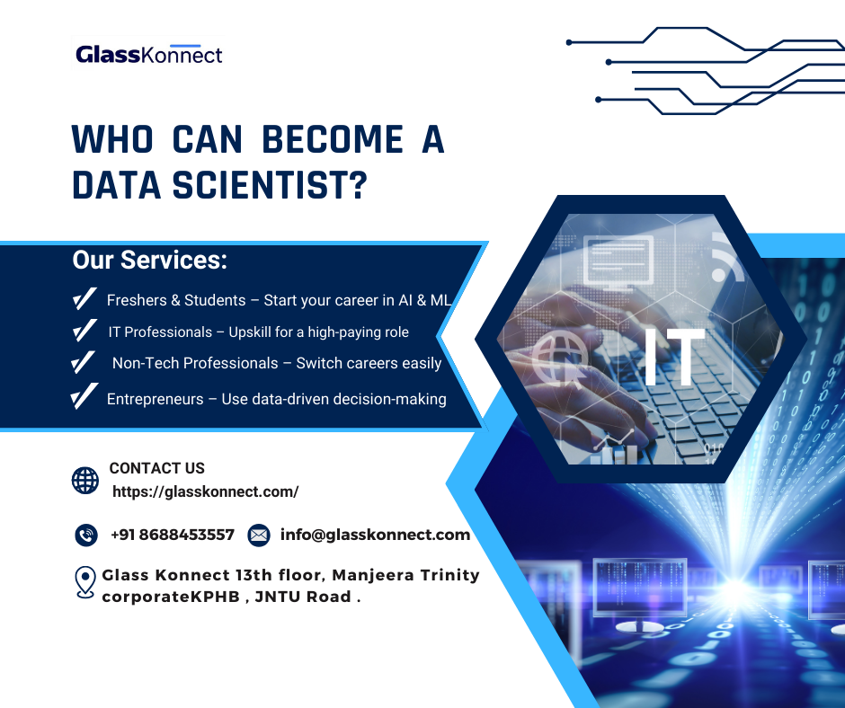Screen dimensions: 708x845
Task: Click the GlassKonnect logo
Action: [149, 55]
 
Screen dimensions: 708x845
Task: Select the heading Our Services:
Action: [149, 261]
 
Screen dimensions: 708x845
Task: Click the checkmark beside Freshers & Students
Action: [84, 299]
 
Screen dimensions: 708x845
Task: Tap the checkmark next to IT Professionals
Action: [84, 332]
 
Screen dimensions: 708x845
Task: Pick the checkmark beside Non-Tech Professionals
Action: [84, 363]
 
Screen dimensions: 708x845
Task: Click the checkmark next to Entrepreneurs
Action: [84, 397]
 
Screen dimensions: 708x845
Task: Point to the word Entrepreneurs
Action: [155, 399]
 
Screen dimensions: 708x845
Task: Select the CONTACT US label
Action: [156, 468]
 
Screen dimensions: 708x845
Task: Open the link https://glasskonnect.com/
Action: [205, 491]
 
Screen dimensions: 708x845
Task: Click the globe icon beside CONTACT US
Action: [85, 480]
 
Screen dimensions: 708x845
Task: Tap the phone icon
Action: [86, 535]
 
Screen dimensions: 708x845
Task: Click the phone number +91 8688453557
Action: [172, 535]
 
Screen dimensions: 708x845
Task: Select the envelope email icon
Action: [258, 535]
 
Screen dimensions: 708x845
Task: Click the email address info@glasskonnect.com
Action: [375, 535]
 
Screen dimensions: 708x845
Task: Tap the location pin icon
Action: [85, 582]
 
